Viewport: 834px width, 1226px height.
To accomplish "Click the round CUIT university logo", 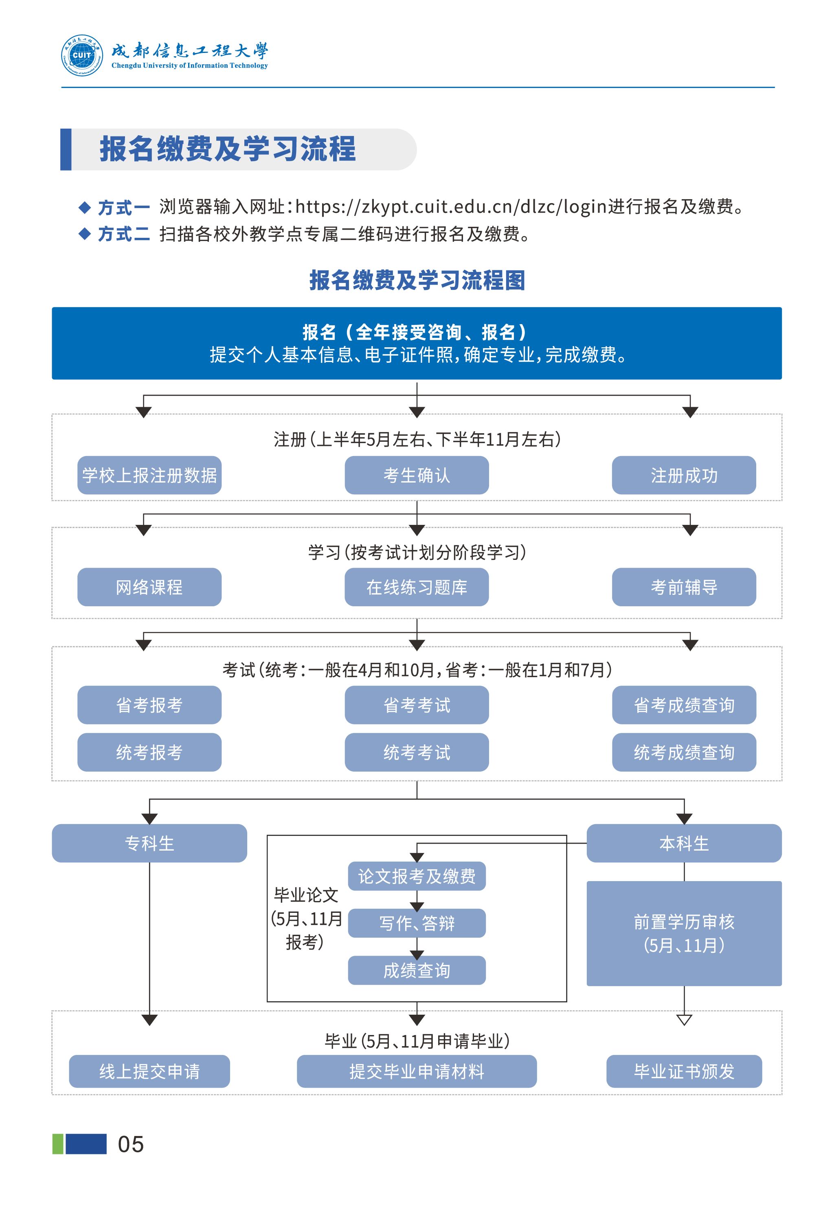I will click(x=82, y=55).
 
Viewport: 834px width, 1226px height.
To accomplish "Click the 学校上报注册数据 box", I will click(x=149, y=475).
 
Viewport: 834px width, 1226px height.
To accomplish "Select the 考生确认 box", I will click(x=416, y=475).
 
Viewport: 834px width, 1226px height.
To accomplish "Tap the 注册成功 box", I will click(x=684, y=475).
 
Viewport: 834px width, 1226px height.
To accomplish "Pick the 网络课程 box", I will click(x=149, y=587).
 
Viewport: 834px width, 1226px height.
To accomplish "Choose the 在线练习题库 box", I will click(x=416, y=587).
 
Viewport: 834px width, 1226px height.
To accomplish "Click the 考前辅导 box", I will click(x=684, y=587).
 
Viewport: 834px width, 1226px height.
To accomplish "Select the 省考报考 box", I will click(x=149, y=705).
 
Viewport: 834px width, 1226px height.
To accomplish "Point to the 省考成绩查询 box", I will click(x=684, y=705).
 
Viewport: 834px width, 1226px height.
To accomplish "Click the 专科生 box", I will click(x=149, y=843).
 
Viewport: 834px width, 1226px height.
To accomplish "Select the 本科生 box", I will click(x=684, y=843).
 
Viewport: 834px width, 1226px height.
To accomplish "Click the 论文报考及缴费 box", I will click(x=416, y=876).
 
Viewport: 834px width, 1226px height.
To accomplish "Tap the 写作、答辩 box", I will click(x=416, y=923).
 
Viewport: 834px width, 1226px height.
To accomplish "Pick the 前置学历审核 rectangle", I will click(x=684, y=933).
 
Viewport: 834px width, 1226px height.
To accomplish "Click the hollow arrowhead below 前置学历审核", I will click(x=684, y=1019).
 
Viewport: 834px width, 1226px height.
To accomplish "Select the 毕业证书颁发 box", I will click(x=684, y=1071).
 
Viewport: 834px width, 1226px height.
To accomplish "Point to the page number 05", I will click(x=130, y=1144).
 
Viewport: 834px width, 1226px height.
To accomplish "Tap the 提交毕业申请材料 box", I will click(x=416, y=1071).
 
